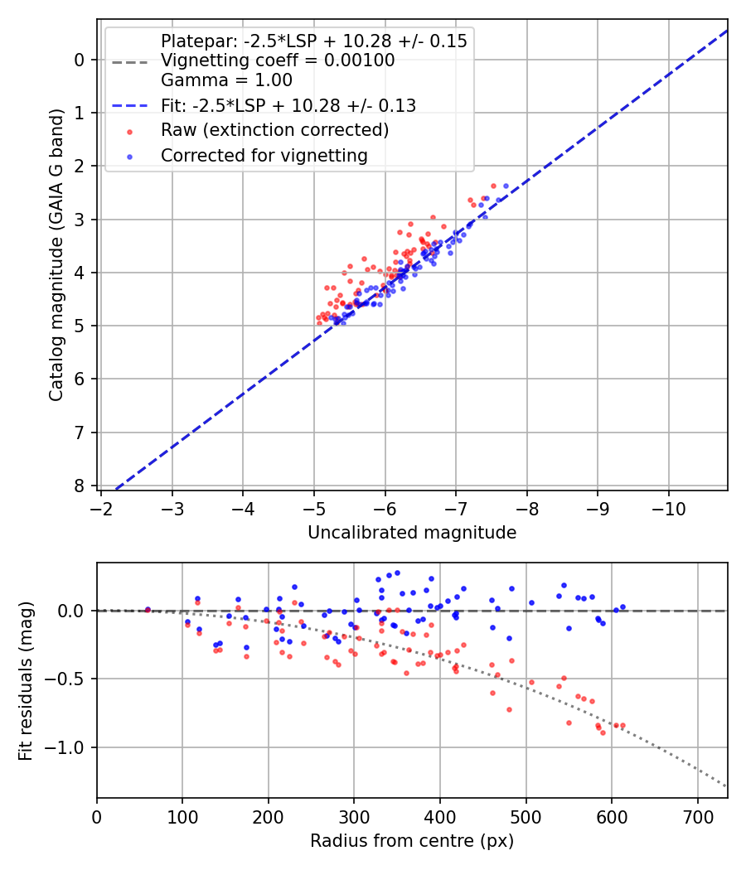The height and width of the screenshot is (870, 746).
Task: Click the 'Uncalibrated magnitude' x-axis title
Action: pyautogui.click(x=412, y=533)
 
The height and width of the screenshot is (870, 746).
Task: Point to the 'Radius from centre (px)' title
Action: pyautogui.click(x=412, y=841)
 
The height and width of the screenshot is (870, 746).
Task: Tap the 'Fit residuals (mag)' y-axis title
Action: pyautogui.click(x=26, y=681)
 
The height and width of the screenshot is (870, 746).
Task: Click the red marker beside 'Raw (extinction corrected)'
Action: pyautogui.click(x=129, y=131)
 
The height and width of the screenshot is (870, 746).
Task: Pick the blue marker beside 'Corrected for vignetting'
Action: pyautogui.click(x=129, y=156)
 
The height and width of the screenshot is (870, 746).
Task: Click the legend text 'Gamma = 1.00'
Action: pyautogui.click(x=226, y=80)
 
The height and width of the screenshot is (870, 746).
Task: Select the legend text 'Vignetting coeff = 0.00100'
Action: pyautogui.click(x=278, y=60)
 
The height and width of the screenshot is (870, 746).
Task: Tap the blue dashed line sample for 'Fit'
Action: pyautogui.click(x=129, y=106)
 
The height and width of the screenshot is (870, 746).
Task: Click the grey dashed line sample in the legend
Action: pyautogui.click(x=129, y=61)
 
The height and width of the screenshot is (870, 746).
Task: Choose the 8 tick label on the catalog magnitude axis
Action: pyautogui.click(x=80, y=486)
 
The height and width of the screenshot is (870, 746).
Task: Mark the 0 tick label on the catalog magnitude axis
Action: pyautogui.click(x=80, y=60)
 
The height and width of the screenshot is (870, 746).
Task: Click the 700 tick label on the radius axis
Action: pyautogui.click(x=697, y=817)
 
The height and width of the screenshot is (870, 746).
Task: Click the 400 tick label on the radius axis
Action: pyautogui.click(x=440, y=817)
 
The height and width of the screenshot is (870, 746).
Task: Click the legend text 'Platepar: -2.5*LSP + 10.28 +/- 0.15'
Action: pyautogui.click(x=314, y=41)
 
